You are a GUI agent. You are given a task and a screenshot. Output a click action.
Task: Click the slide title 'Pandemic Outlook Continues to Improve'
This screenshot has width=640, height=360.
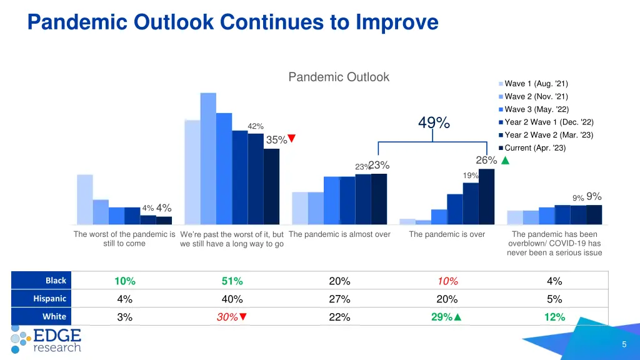232,22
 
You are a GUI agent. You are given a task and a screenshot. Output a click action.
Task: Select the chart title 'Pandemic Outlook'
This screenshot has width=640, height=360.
338,77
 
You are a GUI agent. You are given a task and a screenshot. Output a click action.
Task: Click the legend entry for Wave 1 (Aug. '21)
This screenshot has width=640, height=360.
536,84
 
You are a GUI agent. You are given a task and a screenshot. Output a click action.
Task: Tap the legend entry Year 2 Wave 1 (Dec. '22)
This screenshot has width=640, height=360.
548,122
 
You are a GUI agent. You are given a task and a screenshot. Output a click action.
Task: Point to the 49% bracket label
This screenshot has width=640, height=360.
434,122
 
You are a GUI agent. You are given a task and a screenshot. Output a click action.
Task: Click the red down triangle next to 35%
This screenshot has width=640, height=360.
291,139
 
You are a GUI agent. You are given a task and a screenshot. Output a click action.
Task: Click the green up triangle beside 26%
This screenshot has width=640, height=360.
506,161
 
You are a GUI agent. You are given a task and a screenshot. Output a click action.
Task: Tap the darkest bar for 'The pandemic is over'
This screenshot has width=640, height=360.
486,196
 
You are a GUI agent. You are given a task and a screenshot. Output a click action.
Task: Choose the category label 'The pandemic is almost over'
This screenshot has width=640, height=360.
340,234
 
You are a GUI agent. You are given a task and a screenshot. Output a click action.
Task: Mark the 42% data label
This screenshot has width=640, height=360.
256,126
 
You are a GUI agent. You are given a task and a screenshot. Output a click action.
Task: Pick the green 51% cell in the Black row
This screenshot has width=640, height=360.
232,281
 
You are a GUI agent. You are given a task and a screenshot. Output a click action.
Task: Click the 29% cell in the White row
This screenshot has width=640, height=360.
446,317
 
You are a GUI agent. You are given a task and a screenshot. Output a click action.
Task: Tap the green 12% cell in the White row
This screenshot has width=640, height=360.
554,317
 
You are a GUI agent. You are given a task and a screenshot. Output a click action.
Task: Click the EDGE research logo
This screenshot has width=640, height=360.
46,339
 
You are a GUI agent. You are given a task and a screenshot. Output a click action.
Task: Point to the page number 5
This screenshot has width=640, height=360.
624,345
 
